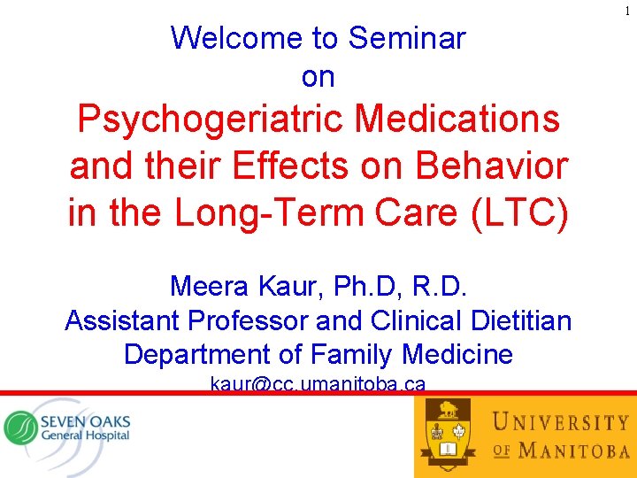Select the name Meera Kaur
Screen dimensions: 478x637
pos(232,286)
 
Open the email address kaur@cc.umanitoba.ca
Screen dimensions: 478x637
pos(318,384)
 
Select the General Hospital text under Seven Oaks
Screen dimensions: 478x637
pos(85,435)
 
